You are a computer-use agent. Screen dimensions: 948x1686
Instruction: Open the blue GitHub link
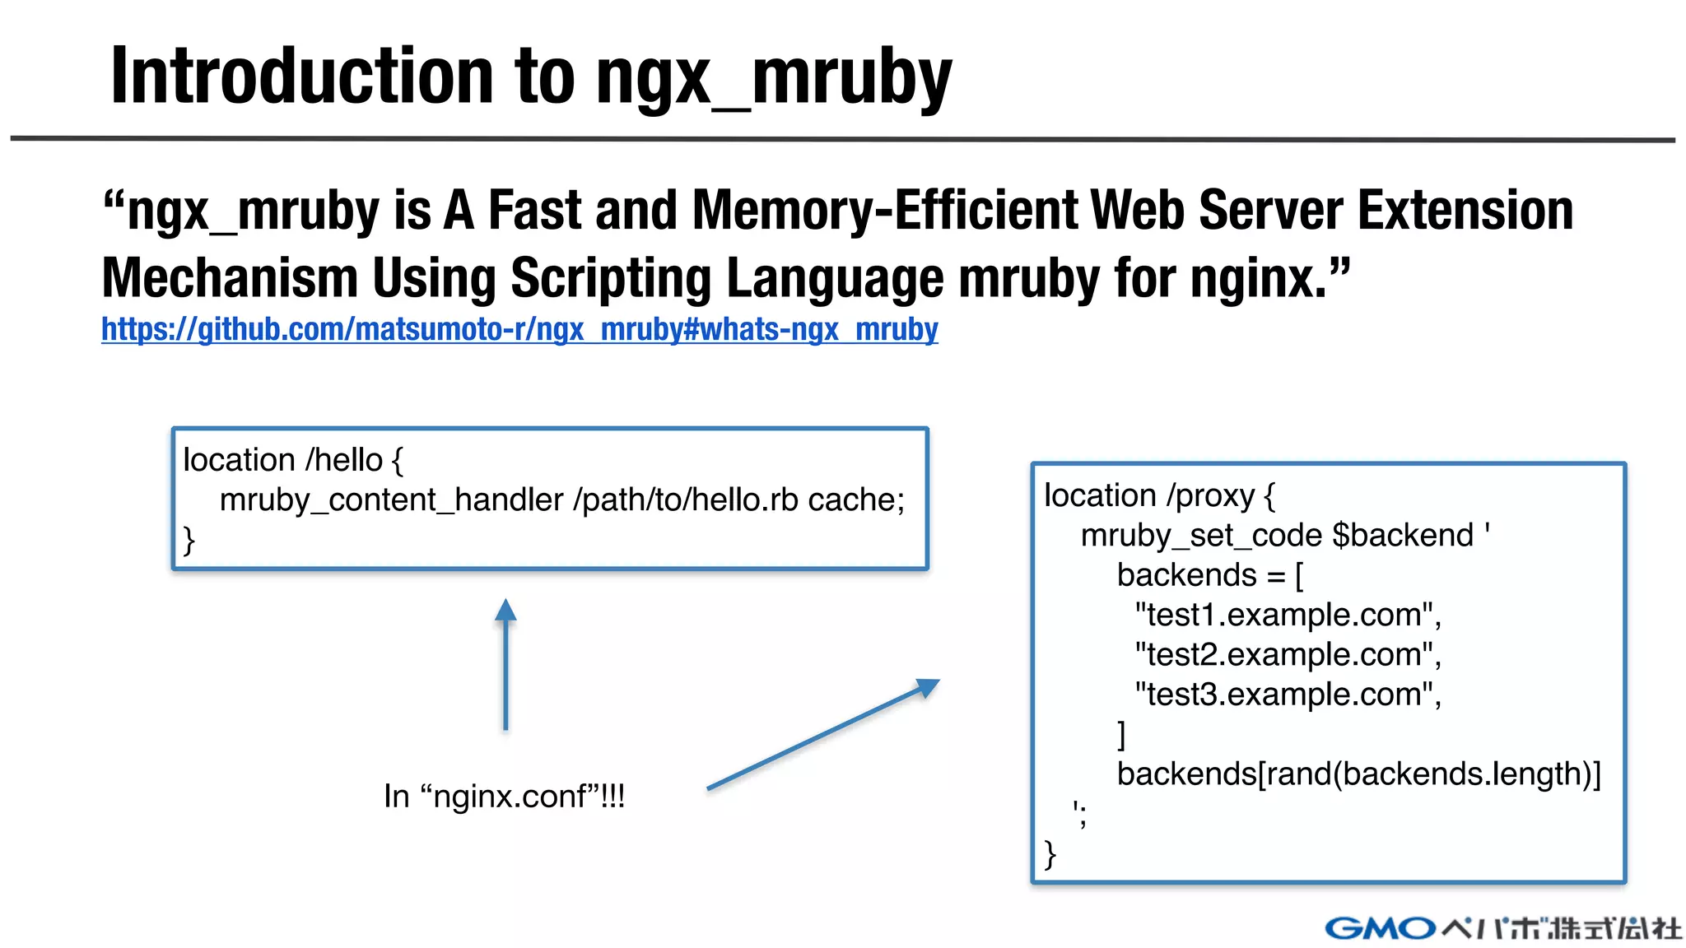tap(519, 329)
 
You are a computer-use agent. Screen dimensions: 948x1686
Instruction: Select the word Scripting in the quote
tap(610, 277)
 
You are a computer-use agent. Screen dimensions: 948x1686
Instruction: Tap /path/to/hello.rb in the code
tap(685, 500)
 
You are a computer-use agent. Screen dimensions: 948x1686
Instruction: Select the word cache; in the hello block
tap(856, 500)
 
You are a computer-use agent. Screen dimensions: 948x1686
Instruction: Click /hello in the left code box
tap(343, 460)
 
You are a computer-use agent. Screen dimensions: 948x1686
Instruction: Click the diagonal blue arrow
tap(823, 734)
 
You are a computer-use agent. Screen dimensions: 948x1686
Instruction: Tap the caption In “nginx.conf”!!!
tap(504, 796)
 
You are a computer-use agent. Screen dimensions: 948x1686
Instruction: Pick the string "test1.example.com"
tap(1287, 615)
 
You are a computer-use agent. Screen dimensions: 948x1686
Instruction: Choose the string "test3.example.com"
tap(1287, 695)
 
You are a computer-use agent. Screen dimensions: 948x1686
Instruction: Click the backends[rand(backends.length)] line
tap(1358, 774)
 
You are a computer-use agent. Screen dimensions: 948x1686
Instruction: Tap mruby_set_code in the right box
tap(1201, 536)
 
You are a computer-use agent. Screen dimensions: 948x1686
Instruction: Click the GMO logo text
tap(1380, 928)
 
